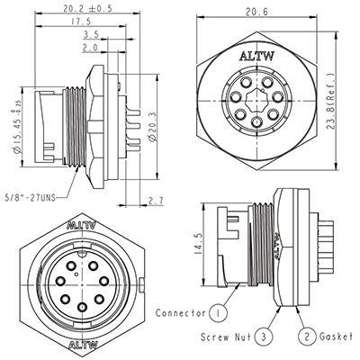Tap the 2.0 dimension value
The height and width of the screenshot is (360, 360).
[x=89, y=49]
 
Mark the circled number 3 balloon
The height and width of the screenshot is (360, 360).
[x=262, y=336]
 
